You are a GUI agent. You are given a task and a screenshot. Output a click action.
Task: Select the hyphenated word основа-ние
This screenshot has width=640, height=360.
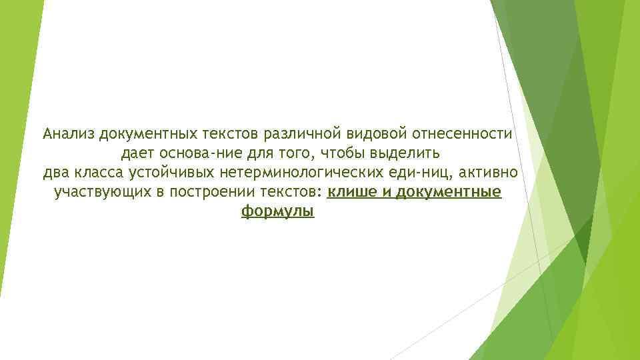[196, 155]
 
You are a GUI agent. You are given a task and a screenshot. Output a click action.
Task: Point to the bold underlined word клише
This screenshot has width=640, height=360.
[352, 193]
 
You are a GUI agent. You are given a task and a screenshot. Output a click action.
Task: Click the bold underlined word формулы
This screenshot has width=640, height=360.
[277, 213]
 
